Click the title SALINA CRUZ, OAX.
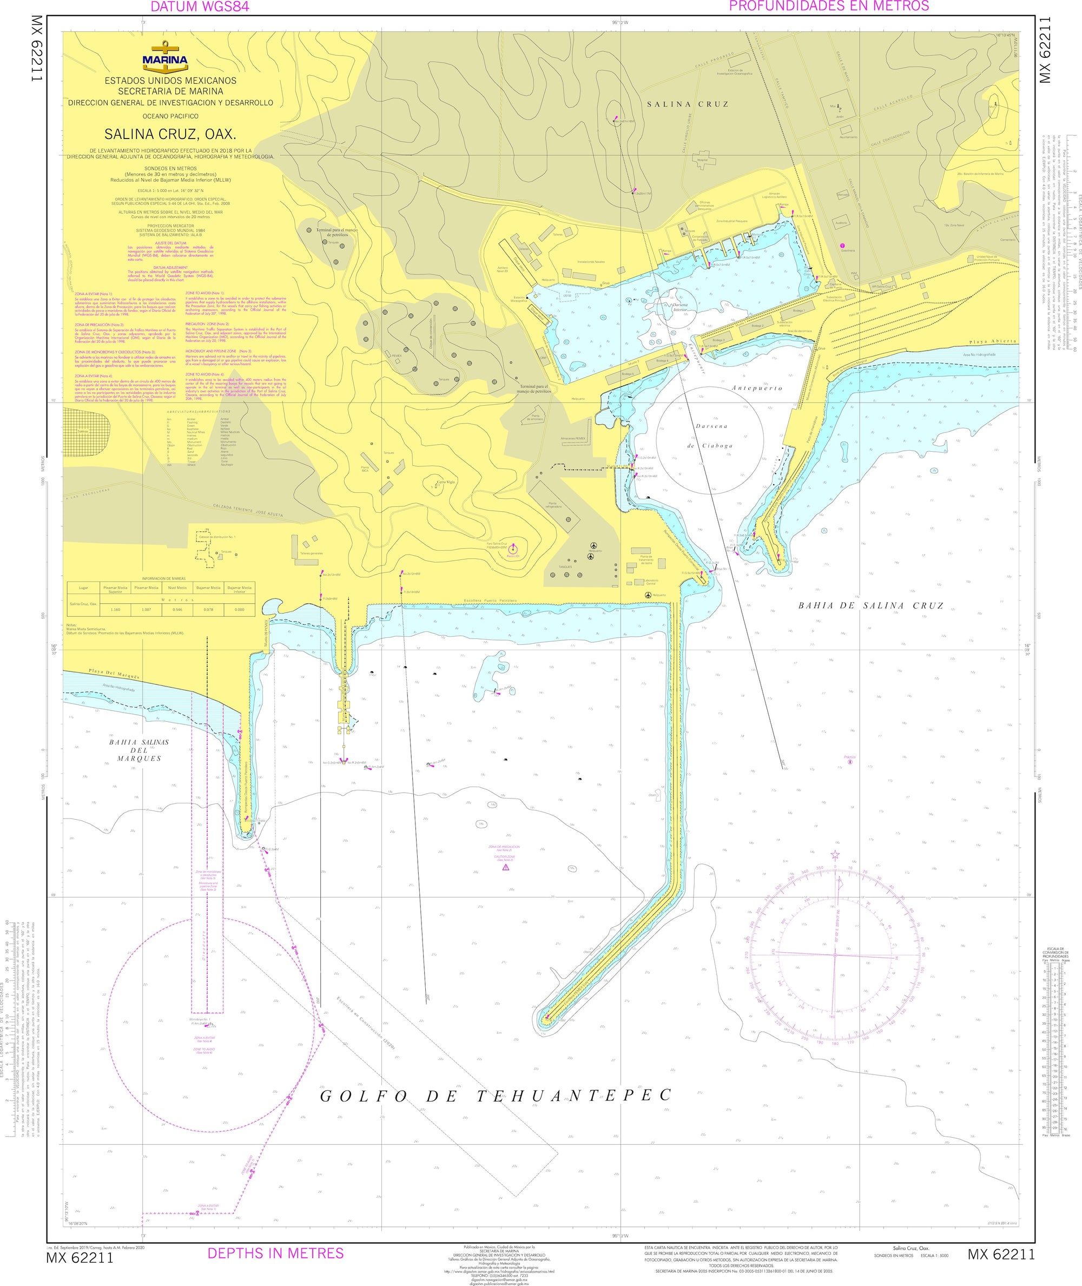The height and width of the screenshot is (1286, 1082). pyautogui.click(x=170, y=134)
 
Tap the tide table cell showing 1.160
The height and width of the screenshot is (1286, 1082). pyautogui.click(x=115, y=610)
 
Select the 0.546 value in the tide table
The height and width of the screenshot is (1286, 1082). pyautogui.click(x=177, y=610)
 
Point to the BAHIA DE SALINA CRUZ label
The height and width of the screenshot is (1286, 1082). pyautogui.click(x=870, y=606)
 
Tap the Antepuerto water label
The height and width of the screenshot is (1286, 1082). pyautogui.click(x=757, y=387)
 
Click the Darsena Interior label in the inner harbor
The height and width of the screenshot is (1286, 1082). pyautogui.click(x=679, y=307)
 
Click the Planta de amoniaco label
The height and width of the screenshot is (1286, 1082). pyautogui.click(x=536, y=418)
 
